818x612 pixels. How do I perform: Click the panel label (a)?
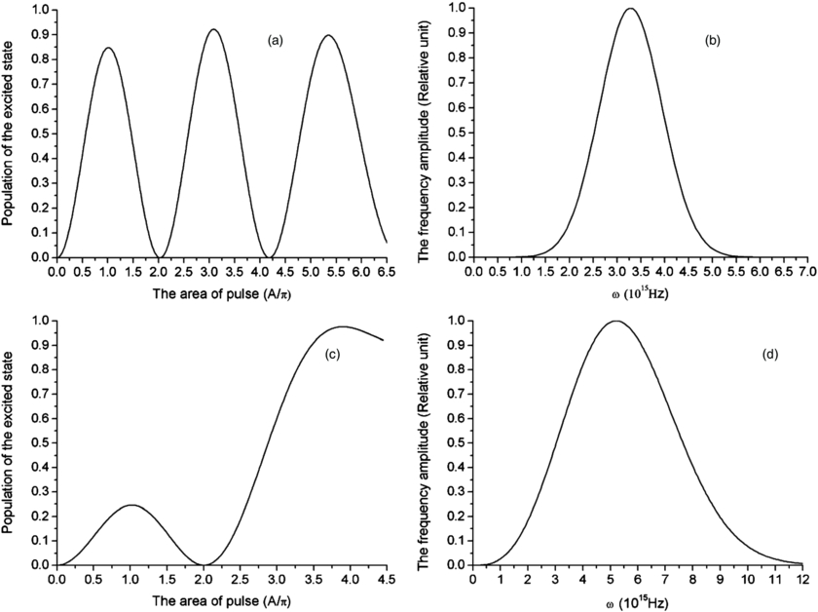pos(275,40)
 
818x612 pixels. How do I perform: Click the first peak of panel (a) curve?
pos(108,48)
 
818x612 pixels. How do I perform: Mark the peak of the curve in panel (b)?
pos(630,9)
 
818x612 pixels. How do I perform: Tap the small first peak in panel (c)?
pos(131,505)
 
